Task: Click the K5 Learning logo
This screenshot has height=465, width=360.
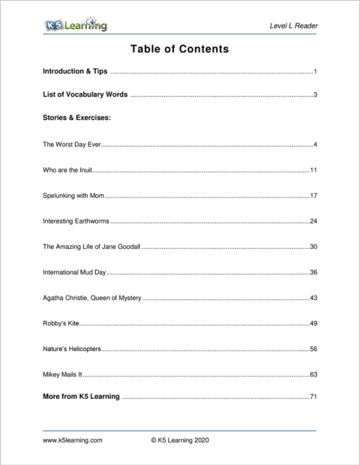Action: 75,26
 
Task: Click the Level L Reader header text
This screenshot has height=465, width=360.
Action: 293,27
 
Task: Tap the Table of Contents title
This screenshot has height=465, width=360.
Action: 179,49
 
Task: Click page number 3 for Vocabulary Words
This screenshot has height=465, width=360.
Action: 316,94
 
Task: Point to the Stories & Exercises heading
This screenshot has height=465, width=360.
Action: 77,118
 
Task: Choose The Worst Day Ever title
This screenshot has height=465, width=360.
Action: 72,144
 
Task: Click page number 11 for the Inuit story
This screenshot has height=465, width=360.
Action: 314,170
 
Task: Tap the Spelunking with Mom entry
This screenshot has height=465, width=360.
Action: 73,196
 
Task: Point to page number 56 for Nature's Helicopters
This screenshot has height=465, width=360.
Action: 314,349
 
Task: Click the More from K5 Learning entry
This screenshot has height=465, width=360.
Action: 81,396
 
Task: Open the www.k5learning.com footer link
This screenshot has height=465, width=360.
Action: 73,441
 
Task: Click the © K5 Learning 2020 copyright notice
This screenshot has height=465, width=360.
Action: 180,441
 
